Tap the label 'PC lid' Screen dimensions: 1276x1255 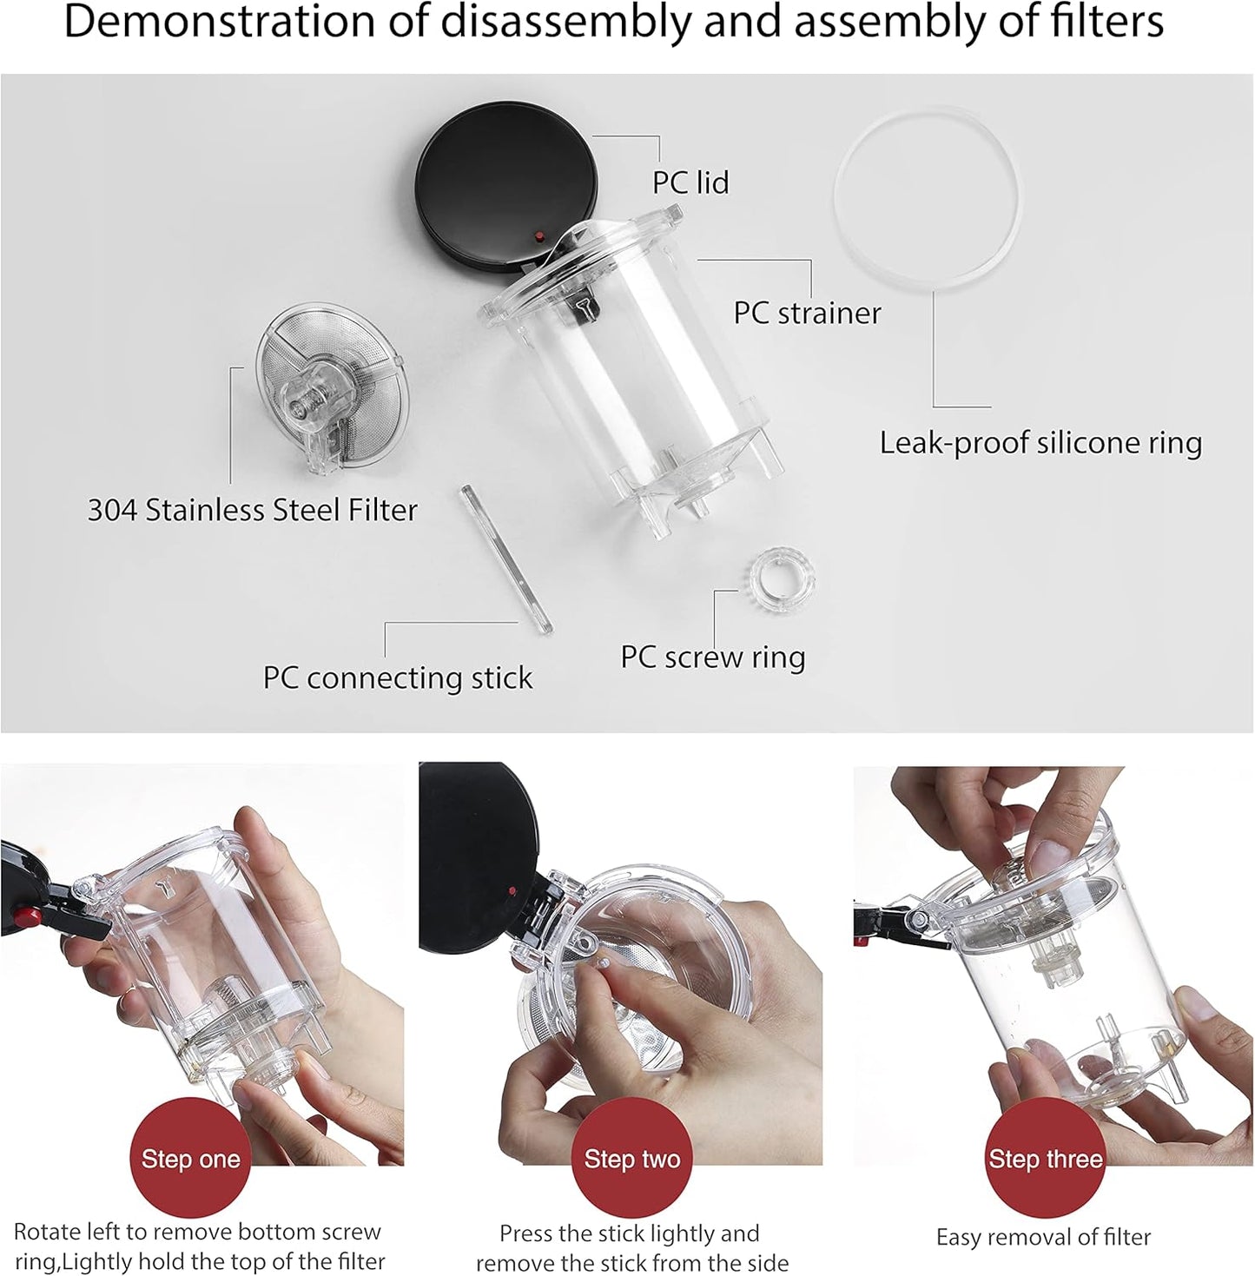[x=690, y=182]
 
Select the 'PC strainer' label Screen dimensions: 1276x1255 [x=807, y=313]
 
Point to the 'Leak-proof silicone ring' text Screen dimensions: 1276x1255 [x=1040, y=443]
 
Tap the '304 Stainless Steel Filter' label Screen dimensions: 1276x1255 [x=252, y=510]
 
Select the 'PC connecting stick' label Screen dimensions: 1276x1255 [x=398, y=678]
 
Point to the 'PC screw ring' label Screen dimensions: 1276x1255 [x=712, y=658]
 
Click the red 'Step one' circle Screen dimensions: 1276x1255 [x=190, y=1159]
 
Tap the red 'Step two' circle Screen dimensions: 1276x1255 [x=631, y=1159]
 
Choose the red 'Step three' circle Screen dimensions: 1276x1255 [x=1045, y=1159]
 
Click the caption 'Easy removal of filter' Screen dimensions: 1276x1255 [x=1043, y=1237]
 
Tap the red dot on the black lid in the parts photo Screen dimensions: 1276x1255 [x=539, y=236]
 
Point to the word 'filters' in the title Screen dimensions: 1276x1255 [x=1106, y=23]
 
